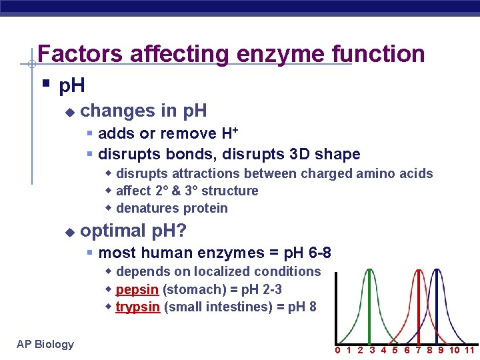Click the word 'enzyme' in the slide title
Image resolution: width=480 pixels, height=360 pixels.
click(283, 53)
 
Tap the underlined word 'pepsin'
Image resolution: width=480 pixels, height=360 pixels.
click(137, 290)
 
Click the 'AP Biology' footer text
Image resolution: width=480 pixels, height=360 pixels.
click(45, 344)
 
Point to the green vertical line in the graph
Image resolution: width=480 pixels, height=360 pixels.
click(369, 307)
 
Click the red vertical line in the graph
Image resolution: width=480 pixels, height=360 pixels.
click(418, 307)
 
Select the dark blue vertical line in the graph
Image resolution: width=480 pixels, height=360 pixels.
click(437, 307)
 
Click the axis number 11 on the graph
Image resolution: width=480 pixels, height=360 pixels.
click(469, 351)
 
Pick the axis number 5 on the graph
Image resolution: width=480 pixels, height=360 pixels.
click(395, 351)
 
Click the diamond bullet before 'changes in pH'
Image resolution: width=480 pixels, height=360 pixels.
click(69, 111)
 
